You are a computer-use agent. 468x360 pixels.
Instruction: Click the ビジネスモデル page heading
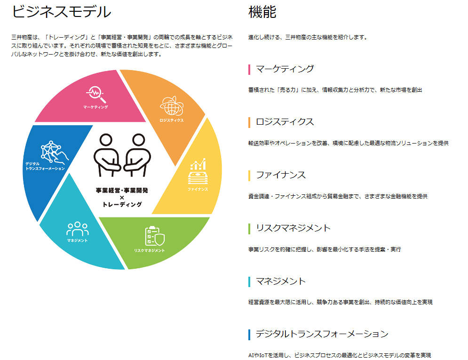coord(61,11)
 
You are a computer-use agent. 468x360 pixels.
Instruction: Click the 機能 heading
coord(262,11)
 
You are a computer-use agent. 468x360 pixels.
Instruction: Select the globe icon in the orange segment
coord(171,106)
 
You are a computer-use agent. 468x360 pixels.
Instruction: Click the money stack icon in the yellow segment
coord(198,172)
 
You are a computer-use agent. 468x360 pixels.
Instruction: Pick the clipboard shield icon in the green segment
coord(154,236)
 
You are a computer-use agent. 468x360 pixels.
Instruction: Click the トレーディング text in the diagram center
coord(122,204)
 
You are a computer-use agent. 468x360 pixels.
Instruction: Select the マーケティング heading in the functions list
coord(285,69)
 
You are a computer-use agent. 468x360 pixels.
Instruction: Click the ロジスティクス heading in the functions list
coord(285,122)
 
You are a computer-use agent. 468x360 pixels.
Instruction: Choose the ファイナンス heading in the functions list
coord(281,175)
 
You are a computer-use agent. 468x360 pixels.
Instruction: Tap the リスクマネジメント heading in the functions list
coord(293,228)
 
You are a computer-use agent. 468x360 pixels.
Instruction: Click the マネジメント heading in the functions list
coord(281,281)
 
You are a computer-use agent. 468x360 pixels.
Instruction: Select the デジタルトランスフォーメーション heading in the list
coord(322,334)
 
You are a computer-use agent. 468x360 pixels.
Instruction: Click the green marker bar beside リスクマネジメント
coord(249,229)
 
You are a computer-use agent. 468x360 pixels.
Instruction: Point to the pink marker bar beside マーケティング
coord(249,70)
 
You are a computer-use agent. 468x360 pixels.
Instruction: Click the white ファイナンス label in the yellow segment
coord(198,189)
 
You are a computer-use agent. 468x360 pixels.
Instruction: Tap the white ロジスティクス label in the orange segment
coord(171,120)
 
